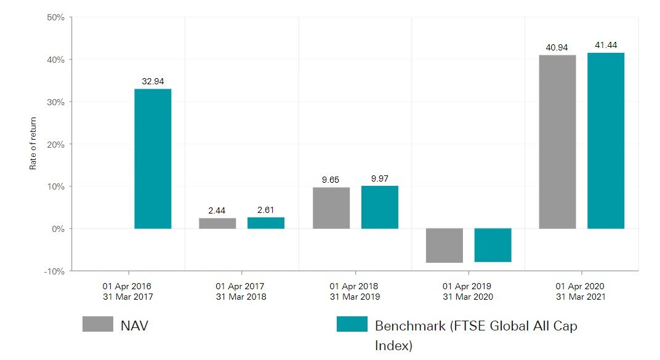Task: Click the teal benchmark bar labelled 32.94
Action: [x=153, y=159]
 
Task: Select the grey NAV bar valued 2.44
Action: [x=217, y=223]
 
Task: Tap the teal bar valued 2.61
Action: [x=266, y=223]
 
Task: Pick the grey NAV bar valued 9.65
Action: [x=331, y=208]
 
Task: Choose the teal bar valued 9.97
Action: [x=379, y=207]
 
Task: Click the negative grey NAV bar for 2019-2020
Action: [x=444, y=246]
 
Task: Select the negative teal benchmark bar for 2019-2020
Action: [x=493, y=245]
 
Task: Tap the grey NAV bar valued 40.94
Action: [x=557, y=142]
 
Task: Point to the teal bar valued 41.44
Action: [x=606, y=141]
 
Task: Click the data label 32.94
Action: [x=153, y=81]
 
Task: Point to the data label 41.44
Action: [x=606, y=45]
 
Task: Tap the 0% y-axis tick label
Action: [x=58, y=229]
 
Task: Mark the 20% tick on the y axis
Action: [x=55, y=144]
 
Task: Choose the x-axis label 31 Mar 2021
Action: [x=581, y=297]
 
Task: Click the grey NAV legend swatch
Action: [x=98, y=324]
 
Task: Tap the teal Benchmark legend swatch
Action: [x=352, y=324]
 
